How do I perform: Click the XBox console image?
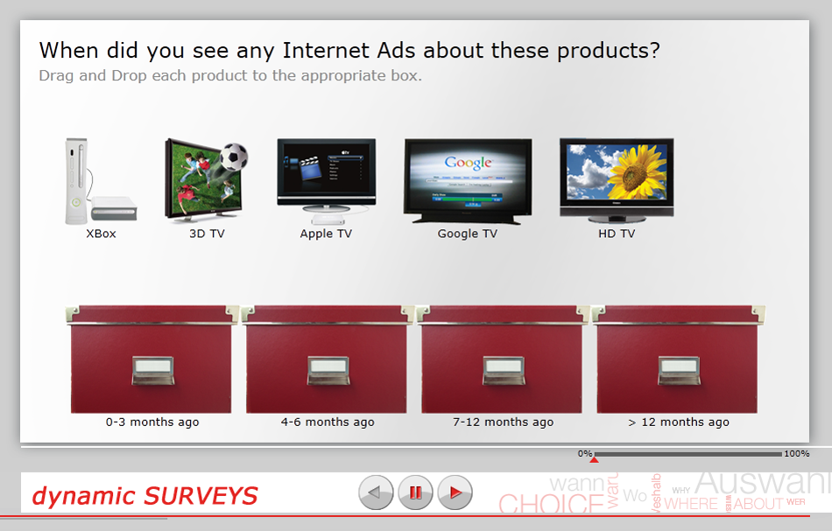(x=98, y=182)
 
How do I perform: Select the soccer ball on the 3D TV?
(x=232, y=157)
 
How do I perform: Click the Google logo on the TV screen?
(x=468, y=163)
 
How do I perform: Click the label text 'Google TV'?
(x=467, y=234)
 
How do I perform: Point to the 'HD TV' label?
(x=616, y=234)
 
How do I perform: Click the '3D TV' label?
(x=207, y=234)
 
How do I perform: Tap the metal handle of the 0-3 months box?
(x=152, y=371)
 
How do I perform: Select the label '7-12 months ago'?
(x=503, y=423)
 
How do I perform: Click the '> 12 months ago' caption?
(x=679, y=423)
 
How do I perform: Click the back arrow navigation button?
(x=376, y=493)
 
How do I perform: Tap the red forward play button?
(x=455, y=493)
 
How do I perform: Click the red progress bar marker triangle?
(x=594, y=459)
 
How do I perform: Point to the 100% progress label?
(x=796, y=454)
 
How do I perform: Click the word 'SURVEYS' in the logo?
(x=201, y=497)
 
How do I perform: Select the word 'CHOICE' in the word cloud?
(x=546, y=504)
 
